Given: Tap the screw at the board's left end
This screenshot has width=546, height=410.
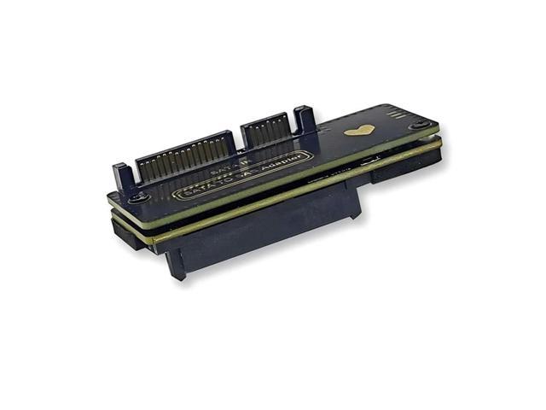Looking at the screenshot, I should click(142, 197).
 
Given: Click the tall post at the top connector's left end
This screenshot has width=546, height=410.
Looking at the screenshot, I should click(124, 177).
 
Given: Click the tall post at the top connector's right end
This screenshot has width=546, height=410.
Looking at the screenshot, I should click(305, 120).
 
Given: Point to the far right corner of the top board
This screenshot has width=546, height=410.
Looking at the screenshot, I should click(438, 125).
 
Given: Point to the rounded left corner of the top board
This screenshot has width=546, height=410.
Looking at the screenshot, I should click(112, 198).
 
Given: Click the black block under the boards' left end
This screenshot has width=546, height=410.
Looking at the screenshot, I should click(126, 235).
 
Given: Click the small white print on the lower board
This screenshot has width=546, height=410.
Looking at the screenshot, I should click(369, 160).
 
